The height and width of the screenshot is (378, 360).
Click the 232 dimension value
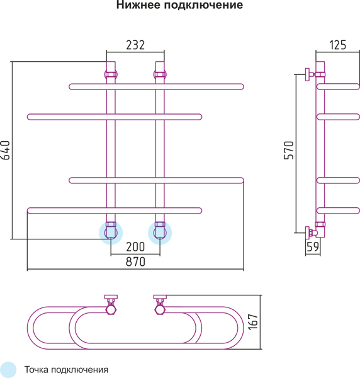click(x=135, y=45)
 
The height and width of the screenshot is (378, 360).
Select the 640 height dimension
click(x=5, y=150)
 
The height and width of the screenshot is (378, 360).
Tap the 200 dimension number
click(x=135, y=247)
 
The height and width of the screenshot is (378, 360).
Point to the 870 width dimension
click(x=135, y=262)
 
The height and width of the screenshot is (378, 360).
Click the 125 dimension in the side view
click(x=337, y=45)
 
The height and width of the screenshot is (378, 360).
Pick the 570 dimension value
click(x=289, y=150)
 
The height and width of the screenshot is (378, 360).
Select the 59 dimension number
click(x=313, y=246)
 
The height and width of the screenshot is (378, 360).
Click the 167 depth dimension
click(x=253, y=322)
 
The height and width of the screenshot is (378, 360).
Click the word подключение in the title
click(x=203, y=5)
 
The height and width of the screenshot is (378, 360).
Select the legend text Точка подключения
click(x=66, y=370)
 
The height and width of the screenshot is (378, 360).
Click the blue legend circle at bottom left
click(x=8, y=370)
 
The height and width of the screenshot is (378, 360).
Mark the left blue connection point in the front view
click(x=111, y=233)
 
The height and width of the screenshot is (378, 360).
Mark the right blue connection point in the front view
click(x=160, y=233)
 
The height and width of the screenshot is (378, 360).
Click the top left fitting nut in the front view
click(x=111, y=74)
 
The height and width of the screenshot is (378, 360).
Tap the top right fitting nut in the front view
click(x=160, y=74)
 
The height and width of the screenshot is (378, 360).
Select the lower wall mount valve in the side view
click(x=311, y=233)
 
